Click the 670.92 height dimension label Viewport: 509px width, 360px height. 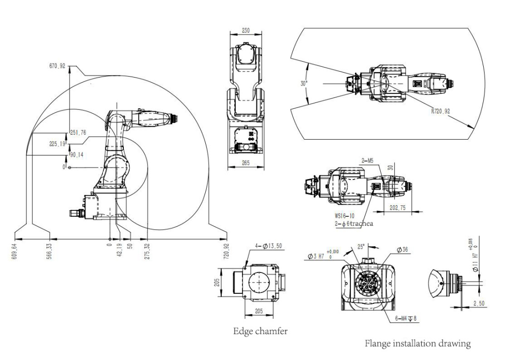point(57,66)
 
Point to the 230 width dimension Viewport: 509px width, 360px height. point(246,30)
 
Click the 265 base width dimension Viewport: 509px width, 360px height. point(246,163)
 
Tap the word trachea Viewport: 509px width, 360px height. point(361,224)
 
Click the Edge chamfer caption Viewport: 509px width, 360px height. point(260,331)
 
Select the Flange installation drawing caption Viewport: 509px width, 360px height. point(417,343)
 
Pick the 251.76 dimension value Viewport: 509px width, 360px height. point(79,133)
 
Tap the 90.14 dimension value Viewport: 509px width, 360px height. point(77,155)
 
